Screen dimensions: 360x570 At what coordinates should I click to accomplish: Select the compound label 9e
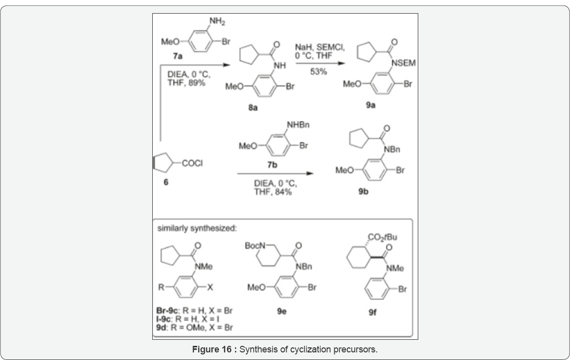pyautogui.click(x=282, y=312)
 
